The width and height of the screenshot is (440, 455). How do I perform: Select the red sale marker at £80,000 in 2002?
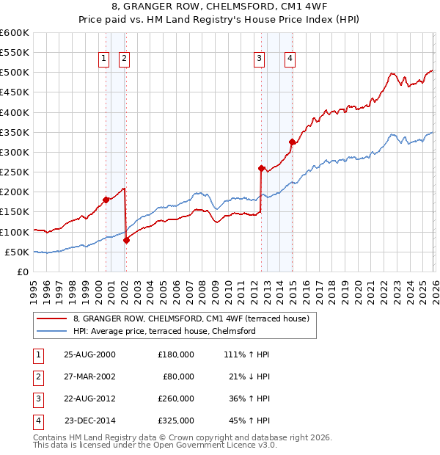pyautogui.click(x=126, y=240)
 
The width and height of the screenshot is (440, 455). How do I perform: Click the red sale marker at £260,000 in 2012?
pyautogui.click(x=261, y=168)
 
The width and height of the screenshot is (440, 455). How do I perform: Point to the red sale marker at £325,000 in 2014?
pyautogui.click(x=292, y=142)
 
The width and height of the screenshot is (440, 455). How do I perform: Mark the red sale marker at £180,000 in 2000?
pyautogui.click(x=106, y=200)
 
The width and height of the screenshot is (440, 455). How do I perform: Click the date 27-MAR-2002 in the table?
pyautogui.click(x=90, y=376)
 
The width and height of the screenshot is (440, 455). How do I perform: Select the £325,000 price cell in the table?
pyautogui.click(x=176, y=421)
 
